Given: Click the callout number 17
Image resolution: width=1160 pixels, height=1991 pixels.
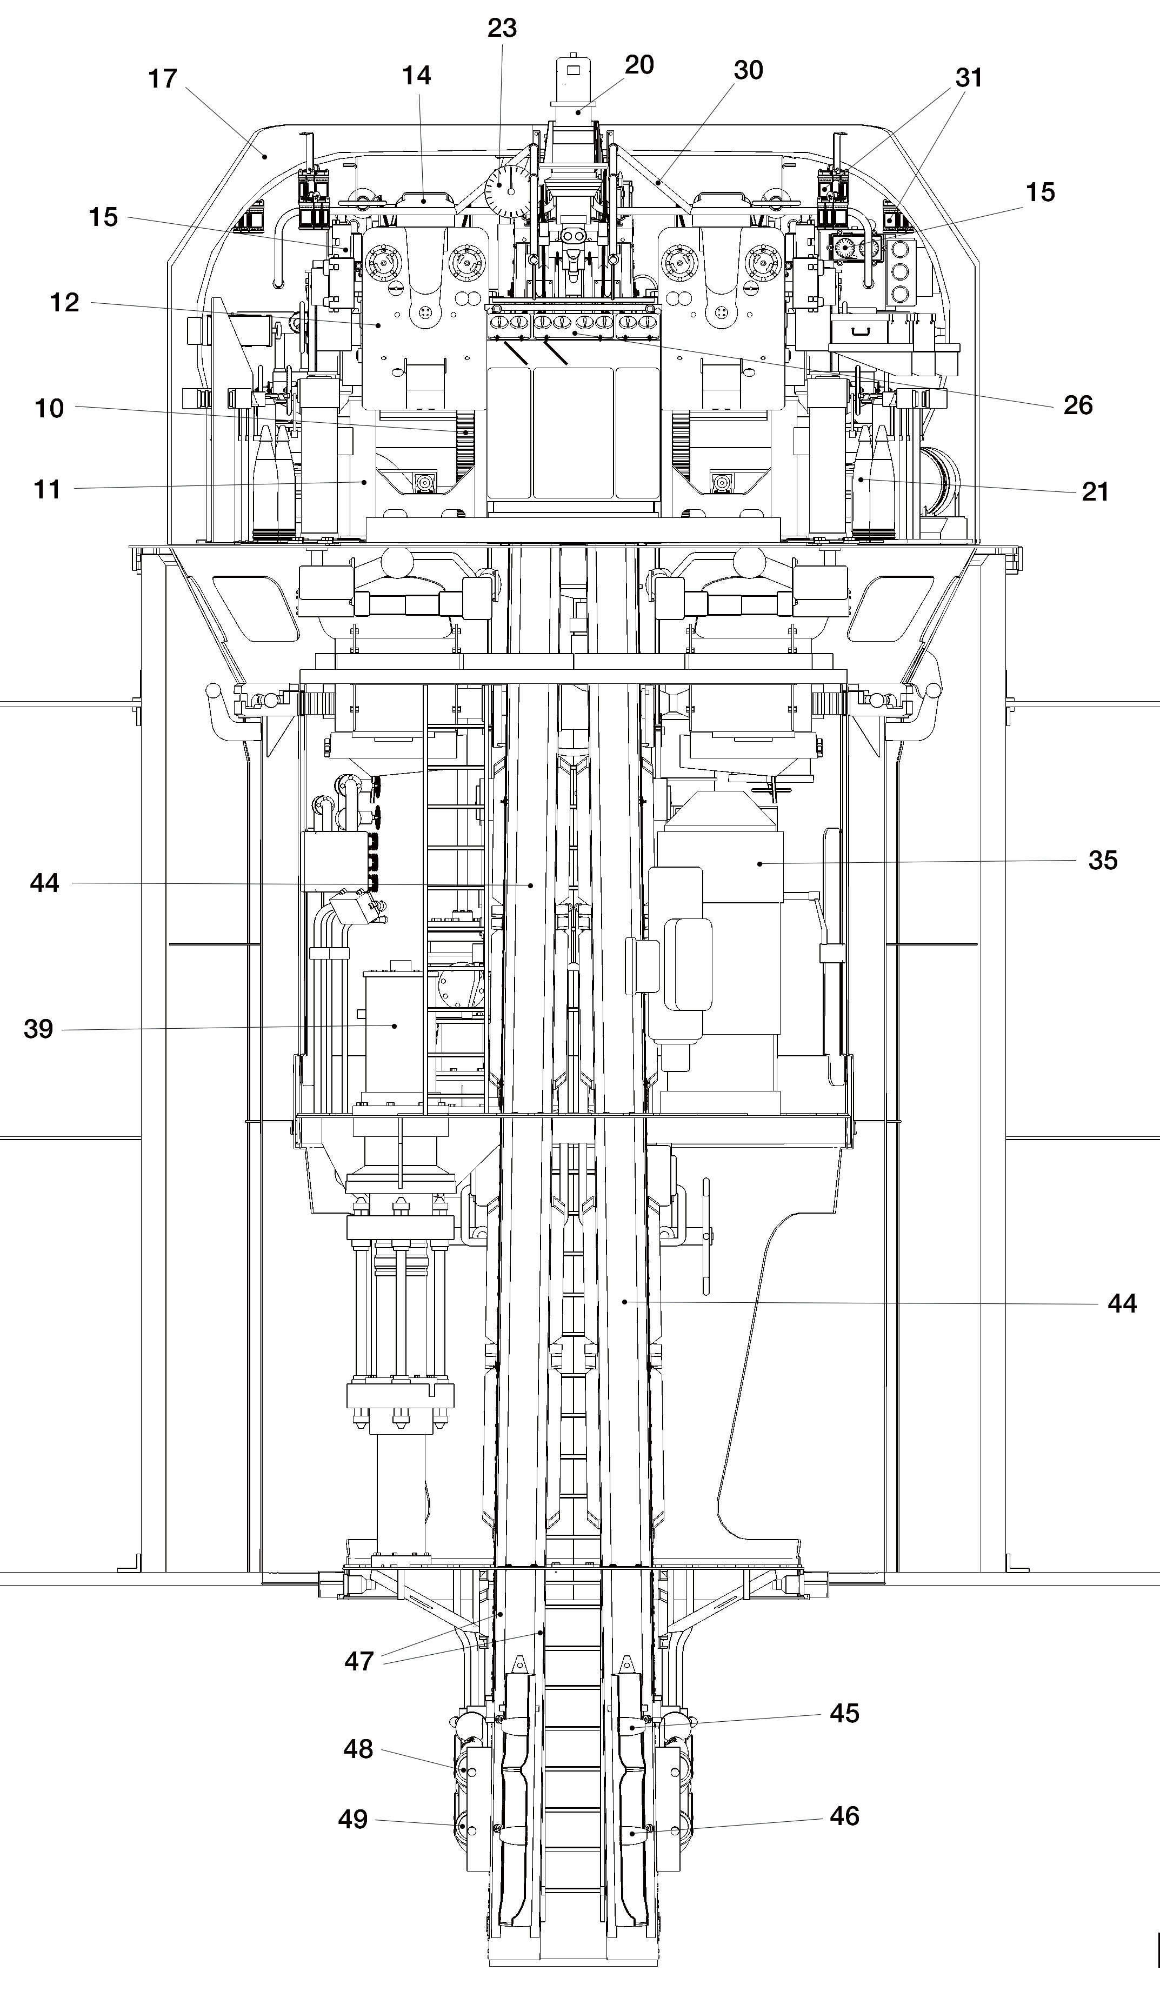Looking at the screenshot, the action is point(163,79).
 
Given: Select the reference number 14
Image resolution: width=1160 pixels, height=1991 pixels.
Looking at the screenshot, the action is point(416,75).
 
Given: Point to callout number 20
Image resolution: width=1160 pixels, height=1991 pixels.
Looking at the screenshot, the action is point(639,65).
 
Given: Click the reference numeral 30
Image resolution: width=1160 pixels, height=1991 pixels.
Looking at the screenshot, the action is point(748,70).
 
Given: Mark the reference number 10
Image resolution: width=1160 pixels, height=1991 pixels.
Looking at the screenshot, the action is point(49,409).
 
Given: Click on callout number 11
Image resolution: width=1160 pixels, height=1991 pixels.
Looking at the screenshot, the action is point(48,490).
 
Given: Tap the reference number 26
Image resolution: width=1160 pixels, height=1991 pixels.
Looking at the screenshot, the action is point(1078,405).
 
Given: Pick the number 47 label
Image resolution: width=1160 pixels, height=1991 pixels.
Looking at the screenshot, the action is point(359,1662).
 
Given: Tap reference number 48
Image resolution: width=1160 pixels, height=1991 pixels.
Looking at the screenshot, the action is point(358,1749).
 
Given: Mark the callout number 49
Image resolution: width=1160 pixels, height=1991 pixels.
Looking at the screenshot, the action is point(353,1820).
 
